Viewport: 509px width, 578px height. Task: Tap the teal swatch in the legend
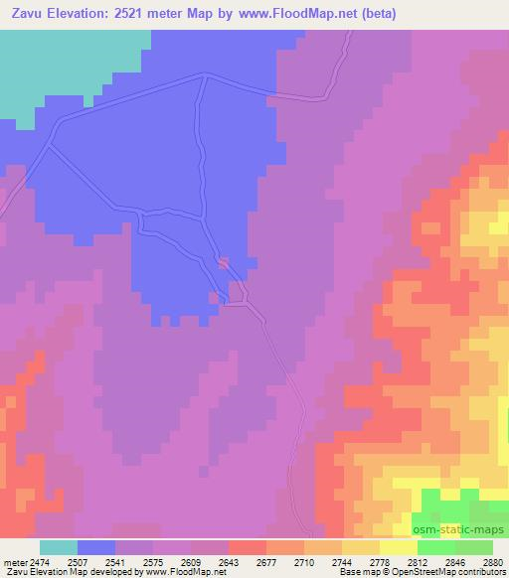point(59,547)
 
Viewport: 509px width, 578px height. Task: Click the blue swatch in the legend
point(96,547)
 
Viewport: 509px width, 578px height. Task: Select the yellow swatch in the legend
point(398,547)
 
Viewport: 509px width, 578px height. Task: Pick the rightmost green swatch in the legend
point(473,547)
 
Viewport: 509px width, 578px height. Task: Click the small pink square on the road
point(224,263)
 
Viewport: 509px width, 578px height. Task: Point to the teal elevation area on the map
point(60,60)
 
